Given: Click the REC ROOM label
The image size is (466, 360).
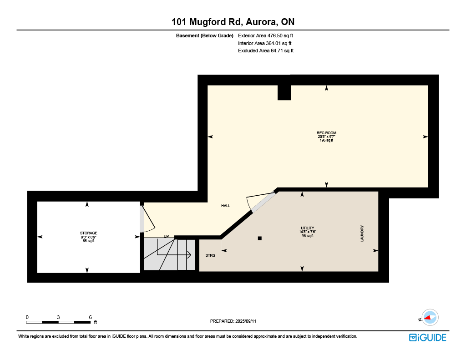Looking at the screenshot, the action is click(x=326, y=133).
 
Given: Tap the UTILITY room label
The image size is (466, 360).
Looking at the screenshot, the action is click(x=308, y=228).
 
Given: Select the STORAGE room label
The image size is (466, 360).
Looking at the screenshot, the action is click(x=89, y=233).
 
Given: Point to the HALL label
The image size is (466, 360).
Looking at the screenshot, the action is click(x=226, y=206).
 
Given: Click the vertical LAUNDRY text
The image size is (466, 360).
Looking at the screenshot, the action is click(x=362, y=233).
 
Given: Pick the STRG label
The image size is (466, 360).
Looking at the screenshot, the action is click(x=210, y=255).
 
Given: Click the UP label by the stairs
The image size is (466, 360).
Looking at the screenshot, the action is click(x=167, y=236).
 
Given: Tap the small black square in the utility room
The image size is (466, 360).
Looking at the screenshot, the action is click(x=260, y=238).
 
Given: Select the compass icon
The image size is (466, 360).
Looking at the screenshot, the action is click(x=430, y=318).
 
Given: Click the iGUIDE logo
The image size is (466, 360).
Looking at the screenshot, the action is click(x=428, y=338).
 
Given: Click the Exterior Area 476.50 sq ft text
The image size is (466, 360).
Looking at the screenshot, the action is click(x=265, y=35).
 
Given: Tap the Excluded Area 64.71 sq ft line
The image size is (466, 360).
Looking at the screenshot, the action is click(x=266, y=51).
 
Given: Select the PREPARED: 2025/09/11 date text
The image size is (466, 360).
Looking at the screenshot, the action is click(x=233, y=321).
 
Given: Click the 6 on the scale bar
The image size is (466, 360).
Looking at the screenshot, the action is click(x=91, y=317).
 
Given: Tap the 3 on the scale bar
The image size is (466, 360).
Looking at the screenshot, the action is click(x=58, y=317).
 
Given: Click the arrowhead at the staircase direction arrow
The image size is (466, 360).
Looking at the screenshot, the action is click(x=189, y=255).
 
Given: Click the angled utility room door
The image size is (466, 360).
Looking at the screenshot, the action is click(x=263, y=202).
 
